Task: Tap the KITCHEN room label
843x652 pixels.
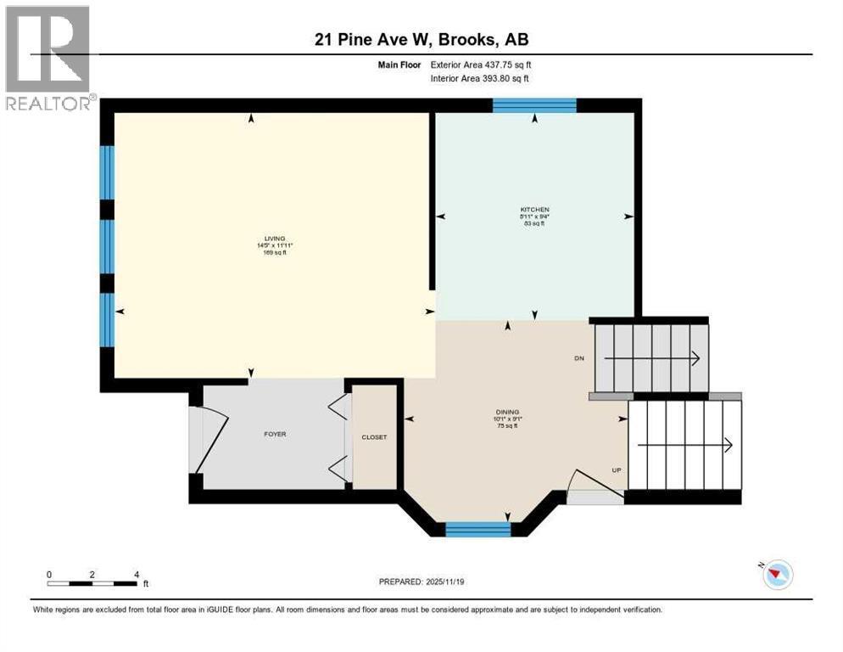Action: click(534, 209)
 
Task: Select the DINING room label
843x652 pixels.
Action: click(508, 412)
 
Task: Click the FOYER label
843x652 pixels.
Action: click(274, 434)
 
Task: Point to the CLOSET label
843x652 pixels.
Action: click(374, 437)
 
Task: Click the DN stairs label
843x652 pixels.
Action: click(579, 358)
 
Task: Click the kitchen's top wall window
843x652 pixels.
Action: click(534, 105)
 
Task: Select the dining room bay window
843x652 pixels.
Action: click(478, 530)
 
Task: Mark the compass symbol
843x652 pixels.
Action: click(776, 575)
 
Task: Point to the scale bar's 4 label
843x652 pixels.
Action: click(137, 574)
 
